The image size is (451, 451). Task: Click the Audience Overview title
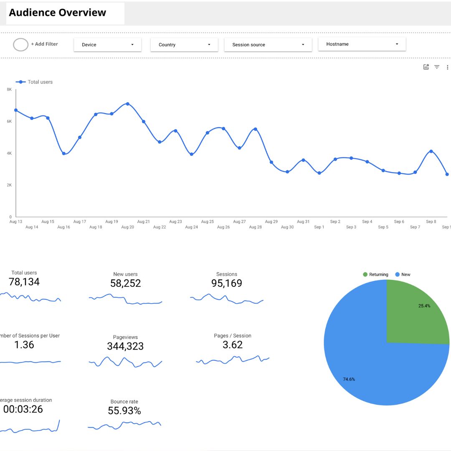(x=58, y=13)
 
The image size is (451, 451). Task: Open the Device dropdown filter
(x=107, y=45)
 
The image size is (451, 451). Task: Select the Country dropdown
(x=184, y=45)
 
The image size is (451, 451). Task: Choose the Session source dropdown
(x=268, y=45)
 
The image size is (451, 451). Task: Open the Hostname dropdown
(x=362, y=44)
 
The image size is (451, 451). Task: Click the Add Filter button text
(x=44, y=44)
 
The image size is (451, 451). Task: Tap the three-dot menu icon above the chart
(x=448, y=67)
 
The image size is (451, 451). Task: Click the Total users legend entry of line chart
(x=40, y=82)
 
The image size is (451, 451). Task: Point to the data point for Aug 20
(x=128, y=104)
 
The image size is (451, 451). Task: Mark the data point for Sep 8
(x=431, y=151)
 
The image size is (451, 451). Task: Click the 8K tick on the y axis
(x=9, y=89)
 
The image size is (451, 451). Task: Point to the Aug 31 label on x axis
(x=303, y=222)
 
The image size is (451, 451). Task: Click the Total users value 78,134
(x=24, y=282)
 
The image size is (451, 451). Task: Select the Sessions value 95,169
(x=227, y=283)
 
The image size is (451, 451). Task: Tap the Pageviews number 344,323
(x=125, y=346)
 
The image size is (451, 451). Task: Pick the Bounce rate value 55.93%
(x=124, y=411)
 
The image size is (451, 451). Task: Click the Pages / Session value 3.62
(x=233, y=345)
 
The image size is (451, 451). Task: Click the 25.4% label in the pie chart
(x=424, y=306)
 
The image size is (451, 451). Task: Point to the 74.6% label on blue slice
(x=349, y=379)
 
